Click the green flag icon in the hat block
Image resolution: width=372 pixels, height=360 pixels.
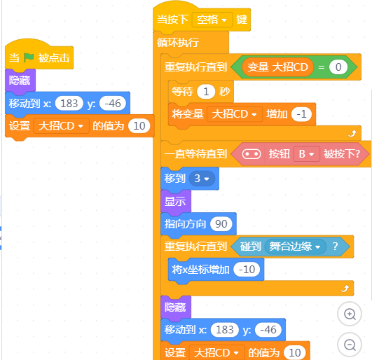pos(29,57)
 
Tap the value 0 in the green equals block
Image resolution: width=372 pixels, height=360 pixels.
pos(338,67)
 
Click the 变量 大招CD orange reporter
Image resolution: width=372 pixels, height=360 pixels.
pos(277,67)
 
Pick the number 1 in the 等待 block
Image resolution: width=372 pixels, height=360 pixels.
pos(206,92)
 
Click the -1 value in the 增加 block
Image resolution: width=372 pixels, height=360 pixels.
pos(301,114)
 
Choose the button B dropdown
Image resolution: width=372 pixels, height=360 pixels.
pos(306,154)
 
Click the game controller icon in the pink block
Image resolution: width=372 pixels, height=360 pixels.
pos(252,154)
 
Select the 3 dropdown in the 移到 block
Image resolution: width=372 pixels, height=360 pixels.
pos(202,179)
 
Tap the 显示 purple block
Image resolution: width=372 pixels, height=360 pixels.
pos(176,201)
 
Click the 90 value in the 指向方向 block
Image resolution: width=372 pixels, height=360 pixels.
pos(221,224)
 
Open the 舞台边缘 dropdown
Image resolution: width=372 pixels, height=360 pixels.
pos(295,247)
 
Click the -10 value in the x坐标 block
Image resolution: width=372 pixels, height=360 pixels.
pos(247,270)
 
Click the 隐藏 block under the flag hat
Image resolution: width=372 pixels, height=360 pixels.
pos(20,81)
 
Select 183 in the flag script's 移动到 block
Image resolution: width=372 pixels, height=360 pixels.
pos(69,104)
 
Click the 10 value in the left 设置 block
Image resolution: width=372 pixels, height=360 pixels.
pos(139,126)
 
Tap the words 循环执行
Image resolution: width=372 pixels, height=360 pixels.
pos(178,43)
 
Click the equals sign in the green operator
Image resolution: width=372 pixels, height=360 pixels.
pos(322,67)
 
